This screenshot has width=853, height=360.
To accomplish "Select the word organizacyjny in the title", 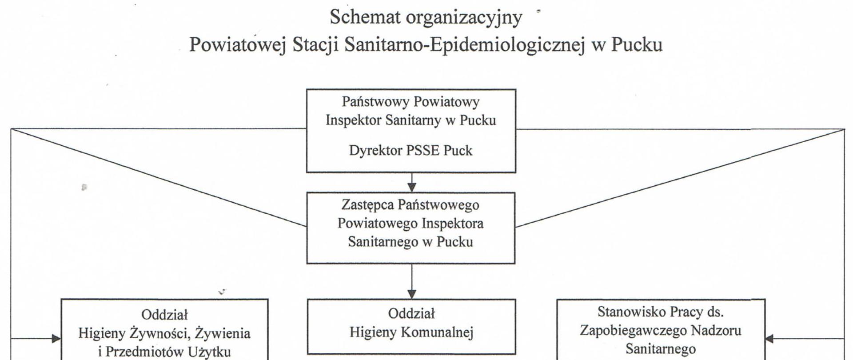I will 464,18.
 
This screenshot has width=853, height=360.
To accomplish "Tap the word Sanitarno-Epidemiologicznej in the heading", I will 464,45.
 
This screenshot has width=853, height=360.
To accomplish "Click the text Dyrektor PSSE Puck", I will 411,150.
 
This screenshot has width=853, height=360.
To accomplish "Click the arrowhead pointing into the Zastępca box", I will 412,188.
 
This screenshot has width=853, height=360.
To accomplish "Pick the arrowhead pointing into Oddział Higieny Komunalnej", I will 412,294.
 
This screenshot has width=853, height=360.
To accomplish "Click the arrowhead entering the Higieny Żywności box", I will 56,339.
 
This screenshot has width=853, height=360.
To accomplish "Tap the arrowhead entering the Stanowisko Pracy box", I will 769,339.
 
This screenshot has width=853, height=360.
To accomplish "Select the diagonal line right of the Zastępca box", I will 680,178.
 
